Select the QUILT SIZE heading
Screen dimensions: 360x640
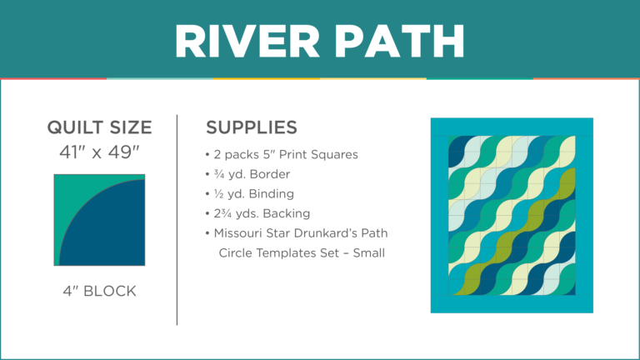click(99, 128)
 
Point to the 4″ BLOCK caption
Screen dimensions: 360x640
click(99, 292)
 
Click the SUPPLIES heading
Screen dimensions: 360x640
click(251, 128)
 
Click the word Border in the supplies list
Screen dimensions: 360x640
click(271, 174)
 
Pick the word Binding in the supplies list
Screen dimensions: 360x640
click(271, 193)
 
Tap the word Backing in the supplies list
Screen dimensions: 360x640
click(283, 212)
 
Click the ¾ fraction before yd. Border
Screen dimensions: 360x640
click(218, 174)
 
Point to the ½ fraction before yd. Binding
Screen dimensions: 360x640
click(218, 193)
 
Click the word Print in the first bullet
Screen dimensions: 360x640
click(295, 155)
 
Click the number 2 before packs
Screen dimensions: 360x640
click(218, 155)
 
